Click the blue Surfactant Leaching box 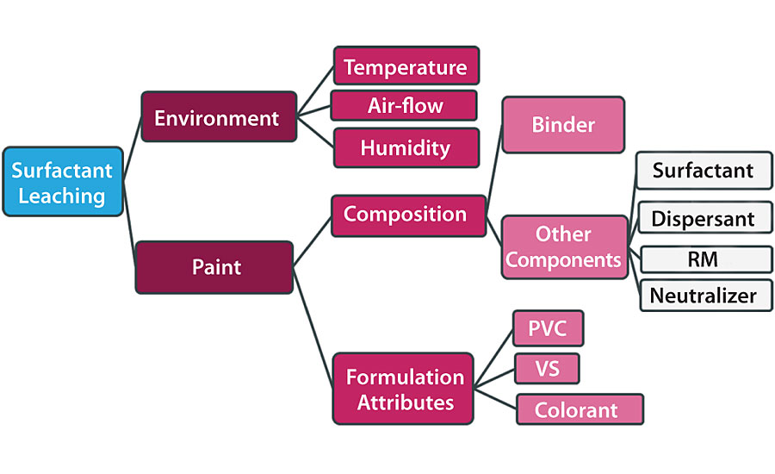(x=62, y=181)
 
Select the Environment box (x=218, y=117)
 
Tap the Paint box (x=215, y=267)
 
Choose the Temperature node (x=406, y=66)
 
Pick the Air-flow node (x=404, y=105)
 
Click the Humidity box (x=406, y=147)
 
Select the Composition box (x=405, y=214)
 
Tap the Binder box (x=563, y=125)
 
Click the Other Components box (x=564, y=246)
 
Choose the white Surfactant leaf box (x=703, y=170)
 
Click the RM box (x=703, y=258)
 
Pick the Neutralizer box (x=703, y=296)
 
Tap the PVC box (x=549, y=328)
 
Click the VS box (x=547, y=369)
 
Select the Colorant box (x=580, y=409)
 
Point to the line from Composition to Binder (x=493, y=169)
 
